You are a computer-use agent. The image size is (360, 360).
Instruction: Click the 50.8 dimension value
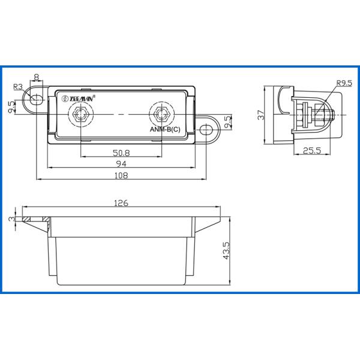tap(121, 152)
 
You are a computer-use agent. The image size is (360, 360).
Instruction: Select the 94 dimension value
tap(121, 164)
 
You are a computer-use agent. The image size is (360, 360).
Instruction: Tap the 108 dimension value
tap(121, 175)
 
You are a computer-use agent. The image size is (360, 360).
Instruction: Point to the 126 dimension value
tap(121, 203)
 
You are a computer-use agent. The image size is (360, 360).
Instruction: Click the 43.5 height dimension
tap(226, 250)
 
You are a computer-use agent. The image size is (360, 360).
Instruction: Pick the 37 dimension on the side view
tap(261, 115)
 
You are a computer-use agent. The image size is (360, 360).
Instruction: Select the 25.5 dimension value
tap(312, 151)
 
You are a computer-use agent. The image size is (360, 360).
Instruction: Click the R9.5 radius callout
tap(344, 83)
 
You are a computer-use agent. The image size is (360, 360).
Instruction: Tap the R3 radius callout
tap(18, 87)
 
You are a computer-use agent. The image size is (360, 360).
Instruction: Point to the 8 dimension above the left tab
tap(36, 77)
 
